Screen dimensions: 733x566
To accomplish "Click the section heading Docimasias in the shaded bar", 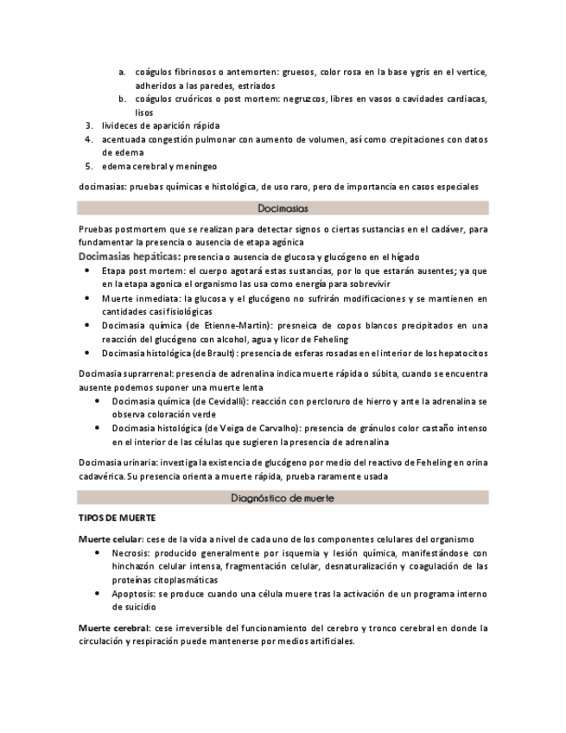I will (283, 208).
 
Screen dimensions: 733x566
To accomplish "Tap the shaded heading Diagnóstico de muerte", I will (283, 498).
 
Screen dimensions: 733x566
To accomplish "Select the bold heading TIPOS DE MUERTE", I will (117, 519).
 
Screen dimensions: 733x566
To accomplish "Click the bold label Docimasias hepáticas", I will (130, 257).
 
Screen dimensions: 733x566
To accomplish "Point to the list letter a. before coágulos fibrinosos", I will (123, 71).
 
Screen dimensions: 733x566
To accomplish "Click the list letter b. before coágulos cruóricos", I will (123, 99).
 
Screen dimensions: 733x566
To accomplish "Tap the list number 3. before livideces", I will (88, 125).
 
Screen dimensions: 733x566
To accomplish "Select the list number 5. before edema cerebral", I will (88, 166).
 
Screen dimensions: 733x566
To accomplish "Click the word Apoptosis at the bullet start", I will (135, 595).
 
